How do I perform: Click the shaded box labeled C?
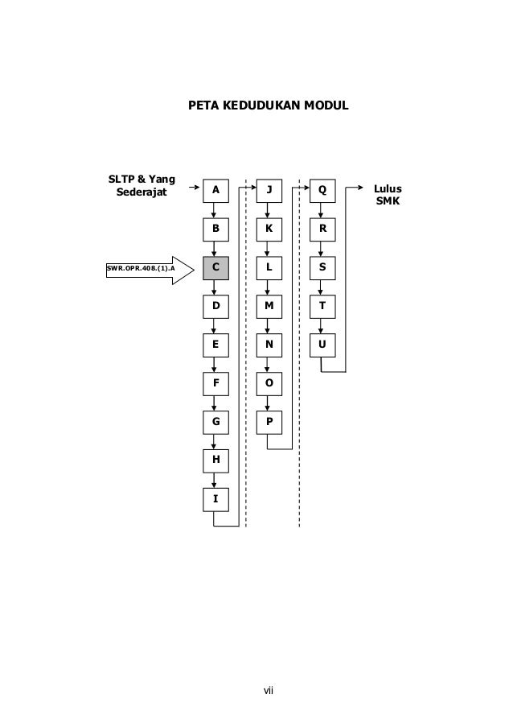[x=215, y=267]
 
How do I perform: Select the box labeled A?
[x=215, y=190]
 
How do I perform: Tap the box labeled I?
[x=215, y=499]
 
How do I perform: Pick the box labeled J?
[x=269, y=190]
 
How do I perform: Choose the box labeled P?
[x=269, y=422]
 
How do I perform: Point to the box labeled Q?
[x=322, y=190]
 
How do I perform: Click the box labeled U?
[x=322, y=345]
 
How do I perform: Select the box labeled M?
[x=269, y=306]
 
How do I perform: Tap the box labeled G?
[x=215, y=422]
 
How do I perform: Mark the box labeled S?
[x=322, y=267]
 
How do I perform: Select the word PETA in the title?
[x=203, y=105]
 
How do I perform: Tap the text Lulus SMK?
[x=388, y=194]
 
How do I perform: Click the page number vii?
[x=269, y=690]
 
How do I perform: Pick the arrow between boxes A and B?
[x=215, y=210]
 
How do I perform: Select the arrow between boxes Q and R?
[x=322, y=210]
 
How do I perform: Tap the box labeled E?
[x=215, y=345]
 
